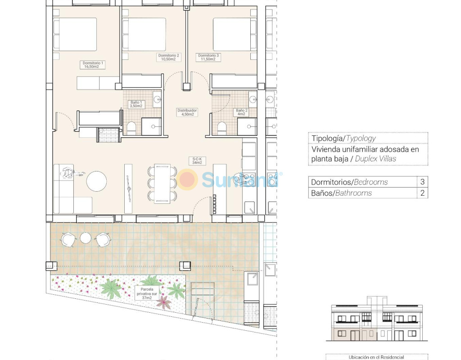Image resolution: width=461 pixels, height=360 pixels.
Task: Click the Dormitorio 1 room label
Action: click(x=93, y=65)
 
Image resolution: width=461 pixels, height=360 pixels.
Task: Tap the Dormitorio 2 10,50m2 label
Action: click(x=168, y=57)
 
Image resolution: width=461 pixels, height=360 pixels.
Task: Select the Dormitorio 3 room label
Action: click(x=208, y=57)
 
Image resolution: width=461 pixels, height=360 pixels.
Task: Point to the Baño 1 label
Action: click(x=136, y=104)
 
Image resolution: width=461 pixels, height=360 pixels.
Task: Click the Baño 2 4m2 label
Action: click(x=242, y=112)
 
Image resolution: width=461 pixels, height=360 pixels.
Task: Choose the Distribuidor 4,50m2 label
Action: click(x=187, y=112)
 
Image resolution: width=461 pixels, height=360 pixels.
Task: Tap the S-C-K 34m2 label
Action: click(x=197, y=161)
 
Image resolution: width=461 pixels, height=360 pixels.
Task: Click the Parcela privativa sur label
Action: click(x=147, y=293)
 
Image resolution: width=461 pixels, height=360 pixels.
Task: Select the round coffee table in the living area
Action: click(x=96, y=181)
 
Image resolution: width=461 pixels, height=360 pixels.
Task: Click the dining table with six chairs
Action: click(x=162, y=184)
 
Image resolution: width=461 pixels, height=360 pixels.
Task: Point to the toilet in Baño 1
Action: click(x=131, y=128)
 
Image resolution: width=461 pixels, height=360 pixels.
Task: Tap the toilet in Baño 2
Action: click(x=222, y=128)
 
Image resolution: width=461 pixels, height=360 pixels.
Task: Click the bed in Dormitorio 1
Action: click(x=75, y=34)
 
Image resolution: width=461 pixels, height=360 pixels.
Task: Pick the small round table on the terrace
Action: click(x=86, y=238)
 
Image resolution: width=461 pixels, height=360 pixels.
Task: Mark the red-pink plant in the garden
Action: click(x=164, y=303)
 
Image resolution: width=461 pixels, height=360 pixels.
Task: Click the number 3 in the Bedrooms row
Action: click(x=422, y=182)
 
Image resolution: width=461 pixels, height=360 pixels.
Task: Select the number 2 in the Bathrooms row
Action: click(x=422, y=193)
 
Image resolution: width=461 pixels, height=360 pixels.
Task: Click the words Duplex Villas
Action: click(x=375, y=159)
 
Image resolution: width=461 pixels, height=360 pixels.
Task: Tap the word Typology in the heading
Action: click(x=361, y=139)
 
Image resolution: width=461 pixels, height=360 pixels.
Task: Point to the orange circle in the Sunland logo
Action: click(x=187, y=179)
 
